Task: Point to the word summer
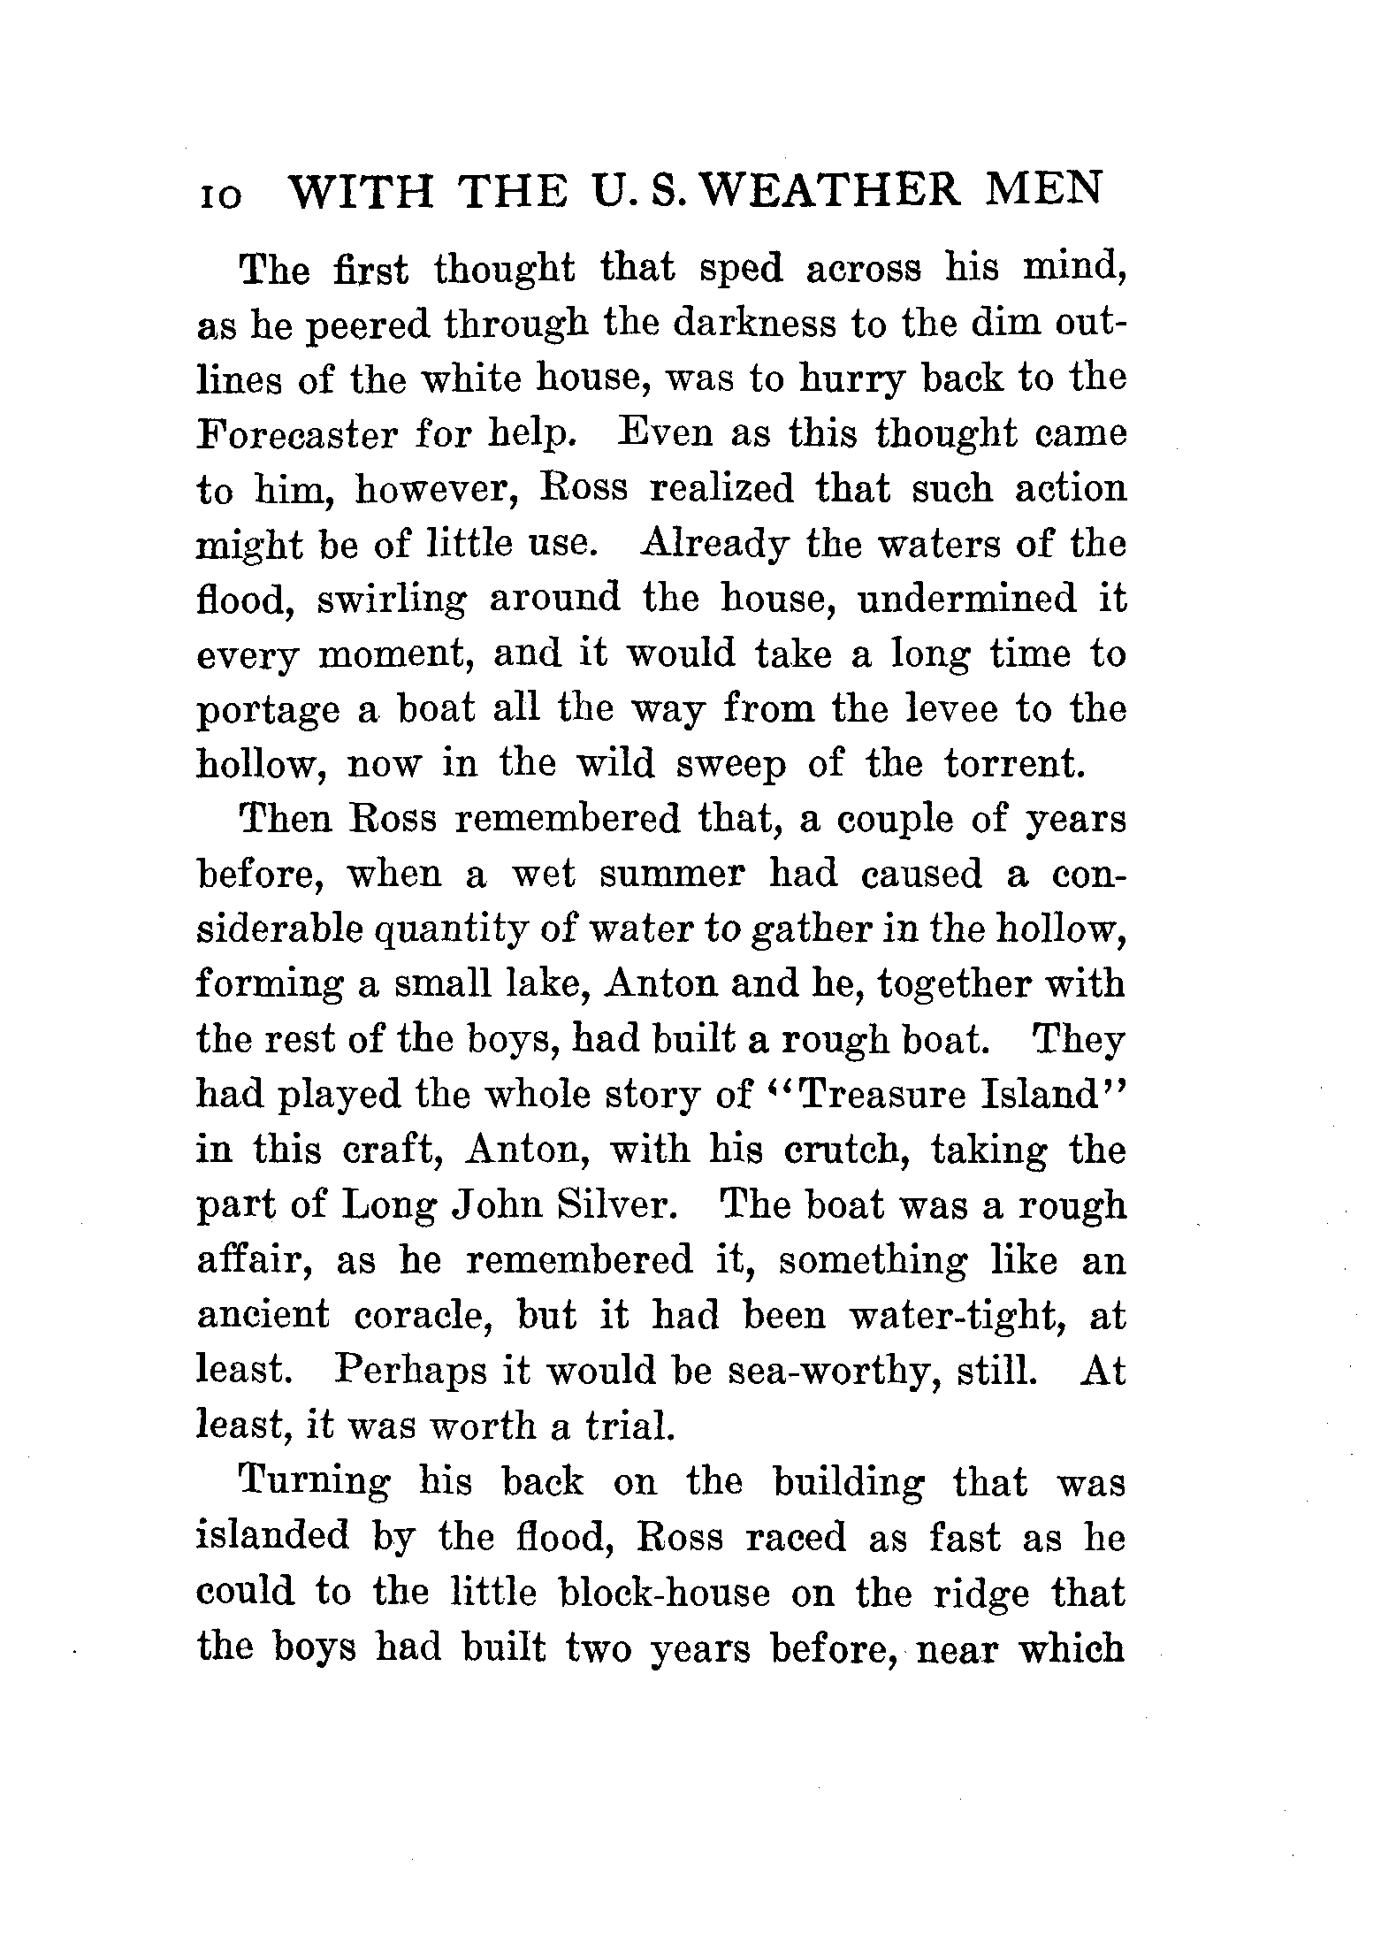tap(673, 875)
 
